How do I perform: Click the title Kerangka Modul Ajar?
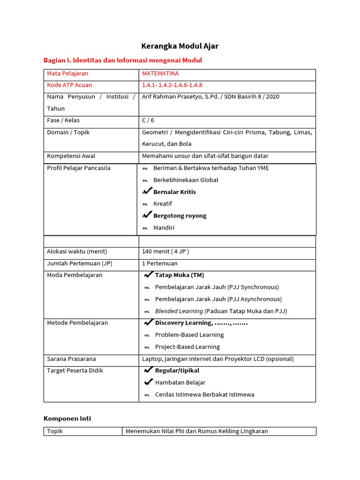point(180,46)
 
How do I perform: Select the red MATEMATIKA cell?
point(160,74)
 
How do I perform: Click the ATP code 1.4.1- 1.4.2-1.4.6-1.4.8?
point(172,85)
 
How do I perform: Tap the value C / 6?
point(148,120)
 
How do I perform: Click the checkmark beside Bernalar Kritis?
point(147,191)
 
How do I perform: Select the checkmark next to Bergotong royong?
point(147,215)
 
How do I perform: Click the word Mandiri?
point(164,228)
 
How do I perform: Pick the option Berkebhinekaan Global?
point(186,180)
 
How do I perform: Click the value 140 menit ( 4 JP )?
point(165,252)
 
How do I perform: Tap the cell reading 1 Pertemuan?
point(160,263)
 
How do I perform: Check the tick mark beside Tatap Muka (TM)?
point(149,275)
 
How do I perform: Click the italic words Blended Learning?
point(179,311)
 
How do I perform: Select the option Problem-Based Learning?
point(189,335)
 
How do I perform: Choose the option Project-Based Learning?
point(187,347)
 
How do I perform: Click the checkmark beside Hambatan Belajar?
point(149,382)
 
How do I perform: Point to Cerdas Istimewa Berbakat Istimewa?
point(204,395)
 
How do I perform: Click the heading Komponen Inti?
point(67,419)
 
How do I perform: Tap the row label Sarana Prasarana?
point(71,359)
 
